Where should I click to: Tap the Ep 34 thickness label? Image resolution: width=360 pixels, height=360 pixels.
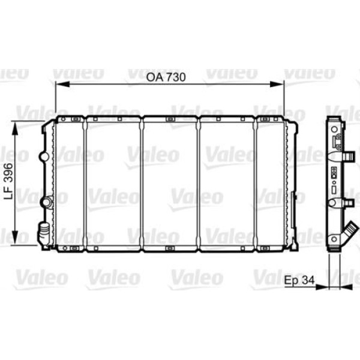tap(299, 280)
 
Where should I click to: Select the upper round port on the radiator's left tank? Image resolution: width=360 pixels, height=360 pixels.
tap(43, 157)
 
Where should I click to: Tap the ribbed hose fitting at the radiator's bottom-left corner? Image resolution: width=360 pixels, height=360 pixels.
tap(43, 231)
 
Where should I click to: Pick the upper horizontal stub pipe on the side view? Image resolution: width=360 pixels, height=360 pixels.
tap(347, 157)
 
